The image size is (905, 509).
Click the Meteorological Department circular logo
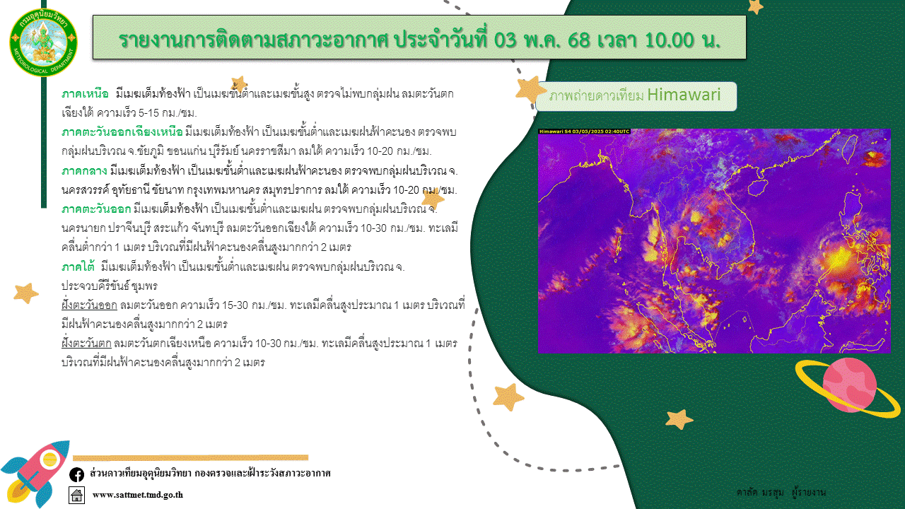point(43,42)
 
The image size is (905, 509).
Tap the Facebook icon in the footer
point(77,474)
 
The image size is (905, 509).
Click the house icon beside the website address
point(77,496)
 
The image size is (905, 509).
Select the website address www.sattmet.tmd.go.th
point(138,495)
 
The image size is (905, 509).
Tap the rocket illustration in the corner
point(35,474)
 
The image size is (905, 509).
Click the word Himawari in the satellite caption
point(684,95)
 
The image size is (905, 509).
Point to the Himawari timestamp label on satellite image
point(584,131)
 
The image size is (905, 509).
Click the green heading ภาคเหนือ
point(85,94)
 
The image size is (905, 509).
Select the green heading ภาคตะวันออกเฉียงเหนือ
point(122,132)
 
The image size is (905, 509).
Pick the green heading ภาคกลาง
point(84,171)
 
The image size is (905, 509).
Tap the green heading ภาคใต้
point(78,267)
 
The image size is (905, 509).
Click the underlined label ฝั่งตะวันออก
point(89,305)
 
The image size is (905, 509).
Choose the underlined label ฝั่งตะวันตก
point(86,344)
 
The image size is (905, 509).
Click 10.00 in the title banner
point(670,40)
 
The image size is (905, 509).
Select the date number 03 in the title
point(505,40)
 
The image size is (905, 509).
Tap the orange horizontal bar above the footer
point(190,457)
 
